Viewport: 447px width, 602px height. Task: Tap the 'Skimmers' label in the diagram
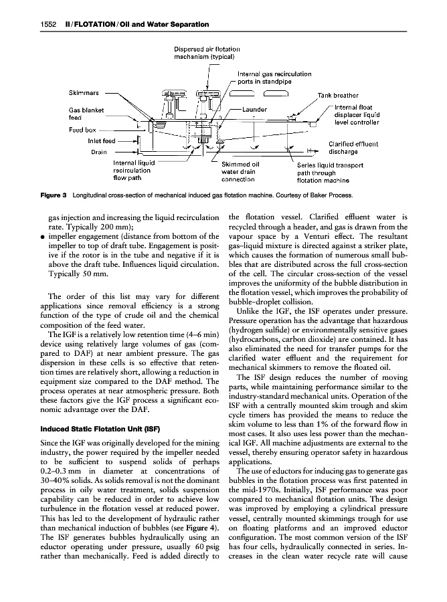(x=83, y=93)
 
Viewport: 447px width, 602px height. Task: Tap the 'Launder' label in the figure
(x=255, y=109)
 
